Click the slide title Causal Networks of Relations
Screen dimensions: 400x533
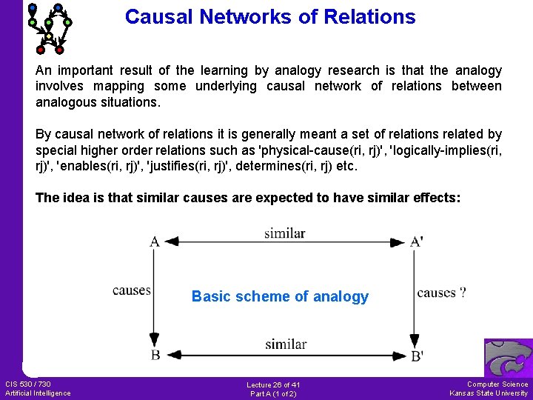pos(270,16)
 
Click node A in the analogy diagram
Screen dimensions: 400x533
pos(154,241)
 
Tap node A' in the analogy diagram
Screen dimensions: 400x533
pos(416,241)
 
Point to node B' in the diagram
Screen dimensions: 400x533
pos(417,356)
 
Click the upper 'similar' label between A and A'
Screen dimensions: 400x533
pos(285,233)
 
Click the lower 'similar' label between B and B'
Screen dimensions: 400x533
pos(286,344)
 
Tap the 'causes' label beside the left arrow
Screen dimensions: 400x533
pos(132,290)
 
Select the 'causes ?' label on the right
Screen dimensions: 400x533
pos(441,293)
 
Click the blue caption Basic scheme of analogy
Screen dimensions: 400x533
pos(280,296)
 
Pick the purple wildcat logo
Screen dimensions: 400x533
pos(508,358)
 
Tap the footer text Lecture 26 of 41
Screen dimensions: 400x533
pos(273,384)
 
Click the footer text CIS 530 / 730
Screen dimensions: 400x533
pos(28,384)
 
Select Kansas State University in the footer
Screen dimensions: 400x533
pos(489,393)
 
